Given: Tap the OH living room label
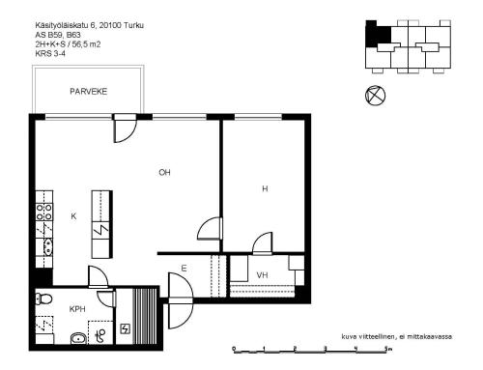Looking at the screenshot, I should point(165,173).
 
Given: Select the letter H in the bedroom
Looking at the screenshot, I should point(265,188).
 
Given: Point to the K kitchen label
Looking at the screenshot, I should point(73,216).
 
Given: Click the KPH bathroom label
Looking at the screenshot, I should point(77,309).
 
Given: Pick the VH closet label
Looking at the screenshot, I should point(262,275).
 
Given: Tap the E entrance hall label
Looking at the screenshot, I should point(184,269).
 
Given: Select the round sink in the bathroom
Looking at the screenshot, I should point(77,338).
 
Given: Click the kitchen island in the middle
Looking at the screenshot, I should point(101,217).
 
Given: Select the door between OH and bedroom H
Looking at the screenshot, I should point(210,228).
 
